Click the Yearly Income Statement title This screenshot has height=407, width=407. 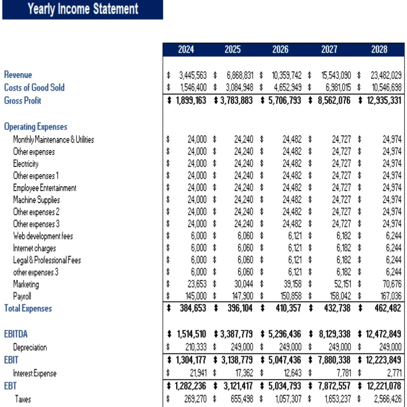(83, 9)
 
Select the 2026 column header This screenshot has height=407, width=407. (281, 49)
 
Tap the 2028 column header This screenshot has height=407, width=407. (379, 49)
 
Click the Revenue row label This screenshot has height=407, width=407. (18, 75)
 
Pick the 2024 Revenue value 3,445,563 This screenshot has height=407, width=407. (192, 75)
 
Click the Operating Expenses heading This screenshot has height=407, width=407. (35, 127)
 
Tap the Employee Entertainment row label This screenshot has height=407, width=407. (45, 188)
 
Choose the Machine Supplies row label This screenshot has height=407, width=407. (36, 200)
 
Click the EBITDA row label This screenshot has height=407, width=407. (16, 334)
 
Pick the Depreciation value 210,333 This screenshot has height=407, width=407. (196, 347)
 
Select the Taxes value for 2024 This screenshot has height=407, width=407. (196, 398)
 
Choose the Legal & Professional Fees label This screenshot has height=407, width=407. (47, 260)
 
